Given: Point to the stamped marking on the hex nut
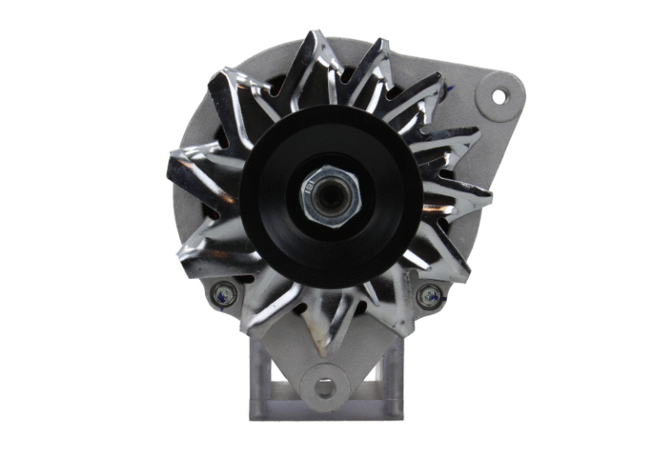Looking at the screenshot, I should point(311,181).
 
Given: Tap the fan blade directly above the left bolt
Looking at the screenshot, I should point(212,254).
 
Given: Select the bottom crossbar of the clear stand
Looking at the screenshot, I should point(325,411).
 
